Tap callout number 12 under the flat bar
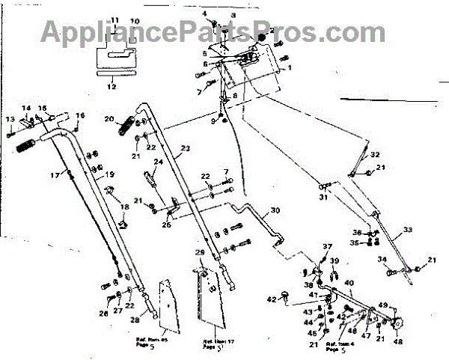(112, 86)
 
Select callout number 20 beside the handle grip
(109, 119)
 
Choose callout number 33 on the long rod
(407, 230)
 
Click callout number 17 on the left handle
(54, 176)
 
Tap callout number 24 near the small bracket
(158, 162)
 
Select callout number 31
(323, 198)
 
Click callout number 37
(327, 247)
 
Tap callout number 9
(213, 120)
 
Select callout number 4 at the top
(204, 15)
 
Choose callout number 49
(383, 305)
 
